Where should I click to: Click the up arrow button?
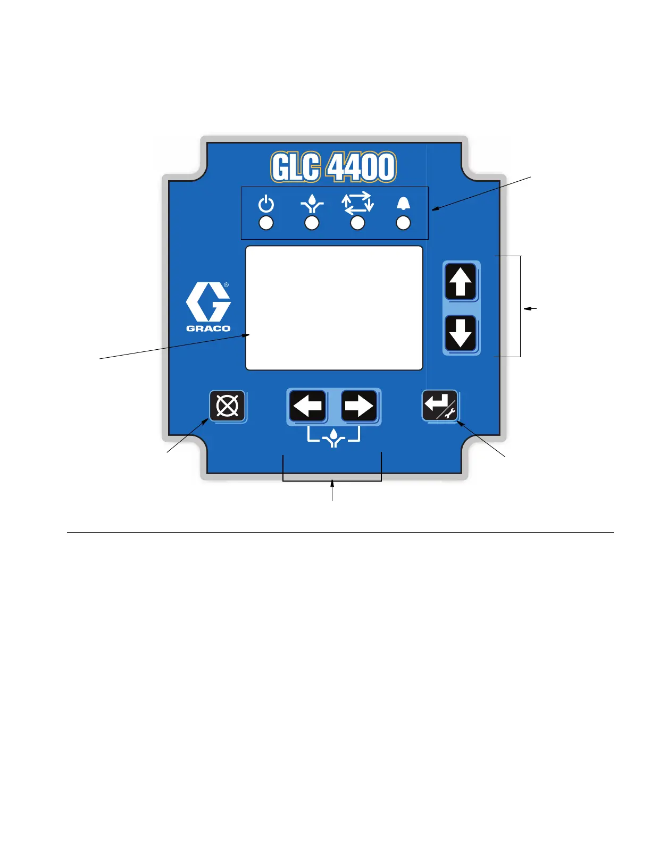click(461, 282)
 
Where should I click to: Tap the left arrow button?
click(308, 406)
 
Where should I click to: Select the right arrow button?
click(359, 406)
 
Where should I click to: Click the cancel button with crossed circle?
click(228, 406)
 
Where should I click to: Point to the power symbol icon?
click(266, 204)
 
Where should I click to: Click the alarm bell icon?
click(404, 204)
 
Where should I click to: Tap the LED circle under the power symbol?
click(266, 223)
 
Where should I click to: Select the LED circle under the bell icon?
click(404, 223)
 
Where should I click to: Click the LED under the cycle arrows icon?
click(358, 223)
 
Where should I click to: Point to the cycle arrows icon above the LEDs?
click(358, 203)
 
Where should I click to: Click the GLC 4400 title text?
click(333, 167)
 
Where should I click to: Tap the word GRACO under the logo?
click(208, 329)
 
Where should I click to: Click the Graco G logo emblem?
click(208, 301)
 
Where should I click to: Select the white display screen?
click(334, 308)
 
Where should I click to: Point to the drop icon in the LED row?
click(312, 204)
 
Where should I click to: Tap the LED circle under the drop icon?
click(312, 223)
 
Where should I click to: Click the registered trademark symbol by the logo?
click(227, 285)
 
